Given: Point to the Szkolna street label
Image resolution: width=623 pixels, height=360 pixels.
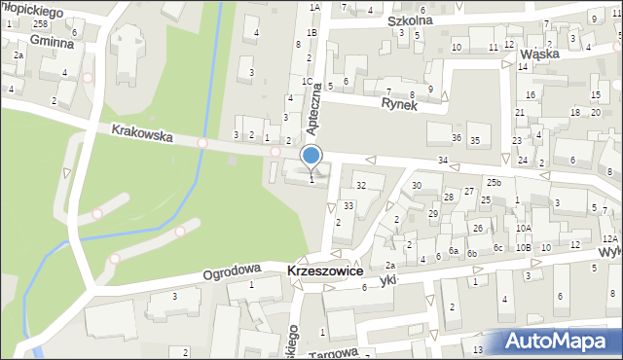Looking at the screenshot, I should click(409, 19).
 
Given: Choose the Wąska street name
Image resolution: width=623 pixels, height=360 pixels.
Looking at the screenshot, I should click(539, 54).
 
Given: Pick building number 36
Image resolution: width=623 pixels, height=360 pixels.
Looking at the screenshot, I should click(457, 139).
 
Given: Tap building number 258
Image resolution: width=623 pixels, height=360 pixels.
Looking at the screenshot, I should click(39, 23).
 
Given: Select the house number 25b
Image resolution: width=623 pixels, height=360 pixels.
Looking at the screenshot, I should click(495, 183).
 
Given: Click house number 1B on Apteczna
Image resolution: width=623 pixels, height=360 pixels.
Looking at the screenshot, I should click(311, 33).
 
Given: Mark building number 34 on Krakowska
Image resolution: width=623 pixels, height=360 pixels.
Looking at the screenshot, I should click(443, 160).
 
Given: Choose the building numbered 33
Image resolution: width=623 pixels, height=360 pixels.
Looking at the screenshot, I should click(348, 206).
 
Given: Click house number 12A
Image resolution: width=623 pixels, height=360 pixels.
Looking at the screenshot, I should click(608, 239).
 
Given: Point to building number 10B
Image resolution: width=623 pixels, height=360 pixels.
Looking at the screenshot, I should click(524, 248).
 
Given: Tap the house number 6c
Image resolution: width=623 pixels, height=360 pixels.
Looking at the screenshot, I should click(497, 248).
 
